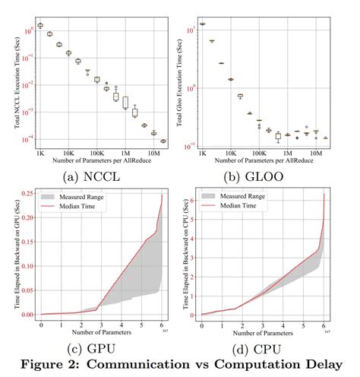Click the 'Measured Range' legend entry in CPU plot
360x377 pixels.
245,196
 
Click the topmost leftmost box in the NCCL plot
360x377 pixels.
39,25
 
